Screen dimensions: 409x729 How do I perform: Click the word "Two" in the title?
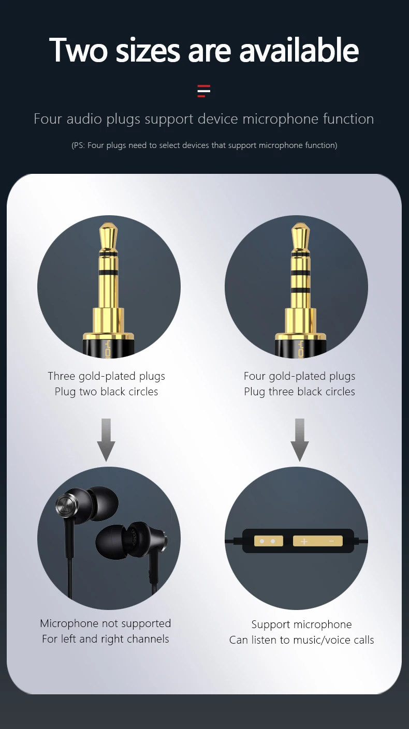pyautogui.click(x=78, y=50)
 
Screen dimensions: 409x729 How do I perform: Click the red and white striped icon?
pyautogui.click(x=204, y=91)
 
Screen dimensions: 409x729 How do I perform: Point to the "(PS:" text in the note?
pyautogui.click(x=78, y=145)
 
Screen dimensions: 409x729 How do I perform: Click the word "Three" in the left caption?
pyautogui.click(x=62, y=376)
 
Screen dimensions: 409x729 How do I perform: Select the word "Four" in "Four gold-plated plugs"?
pyautogui.click(x=255, y=376)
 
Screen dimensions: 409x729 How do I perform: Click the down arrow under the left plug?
pyautogui.click(x=106, y=440)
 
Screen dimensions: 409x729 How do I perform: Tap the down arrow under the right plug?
pyautogui.click(x=300, y=440)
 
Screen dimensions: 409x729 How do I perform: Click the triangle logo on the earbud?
pyautogui.click(x=67, y=505)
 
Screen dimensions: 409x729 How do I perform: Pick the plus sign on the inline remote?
pyautogui.click(x=304, y=541)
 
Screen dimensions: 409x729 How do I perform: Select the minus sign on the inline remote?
pyautogui.click(x=331, y=541)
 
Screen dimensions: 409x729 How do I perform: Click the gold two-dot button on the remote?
pyautogui.click(x=268, y=541)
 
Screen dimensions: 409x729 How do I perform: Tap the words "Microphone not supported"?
pyautogui.click(x=106, y=623)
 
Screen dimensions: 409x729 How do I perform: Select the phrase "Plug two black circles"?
pyautogui.click(x=106, y=392)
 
